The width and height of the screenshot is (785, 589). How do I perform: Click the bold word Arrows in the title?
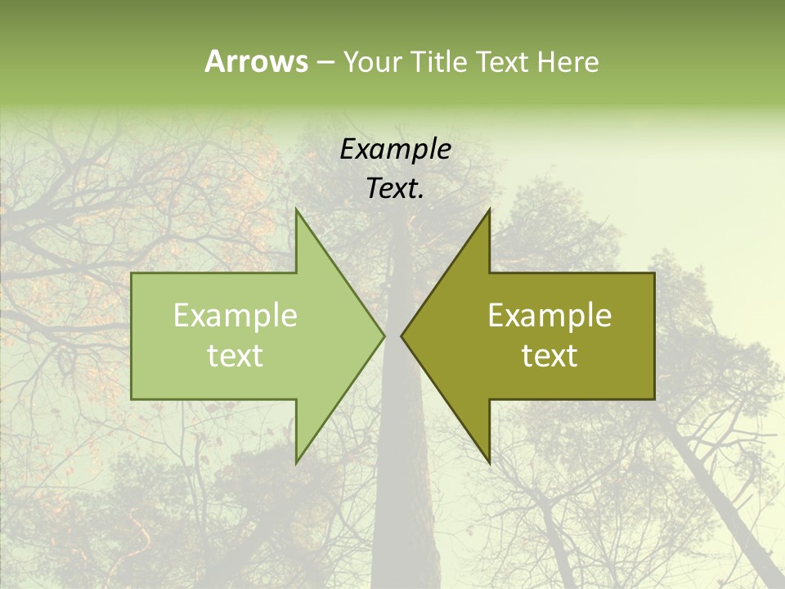[255, 61]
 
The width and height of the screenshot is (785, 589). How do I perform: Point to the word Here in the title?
[567, 62]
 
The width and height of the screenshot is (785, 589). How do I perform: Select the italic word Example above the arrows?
[396, 150]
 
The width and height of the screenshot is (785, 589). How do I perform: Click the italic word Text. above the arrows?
[396, 189]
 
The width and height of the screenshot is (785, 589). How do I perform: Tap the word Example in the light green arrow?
[235, 316]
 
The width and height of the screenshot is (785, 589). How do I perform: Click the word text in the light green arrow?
[235, 356]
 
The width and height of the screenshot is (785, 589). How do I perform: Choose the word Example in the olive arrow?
[549, 316]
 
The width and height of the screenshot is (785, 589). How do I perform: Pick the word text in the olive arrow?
[549, 356]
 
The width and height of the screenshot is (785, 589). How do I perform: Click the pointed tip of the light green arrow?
[384, 335]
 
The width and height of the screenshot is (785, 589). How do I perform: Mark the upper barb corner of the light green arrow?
[297, 209]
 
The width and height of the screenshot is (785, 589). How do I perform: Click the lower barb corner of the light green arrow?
[297, 462]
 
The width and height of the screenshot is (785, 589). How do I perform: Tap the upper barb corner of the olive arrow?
[489, 209]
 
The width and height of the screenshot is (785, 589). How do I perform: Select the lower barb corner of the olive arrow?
[489, 462]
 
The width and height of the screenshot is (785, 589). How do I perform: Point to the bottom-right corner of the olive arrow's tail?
[653, 398]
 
